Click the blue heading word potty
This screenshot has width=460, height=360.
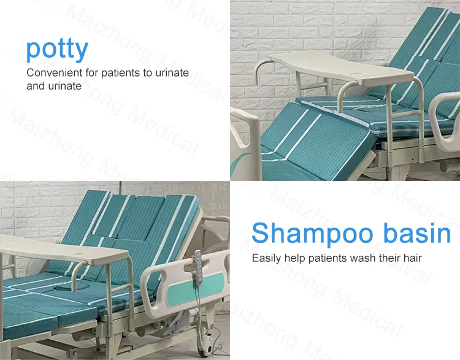pos(57,49)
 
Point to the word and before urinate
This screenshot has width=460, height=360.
pos(36,86)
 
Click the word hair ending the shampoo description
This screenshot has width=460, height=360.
pos(412,258)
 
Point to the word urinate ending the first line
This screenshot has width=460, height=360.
pos(172,73)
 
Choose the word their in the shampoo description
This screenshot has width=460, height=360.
pos(389,258)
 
